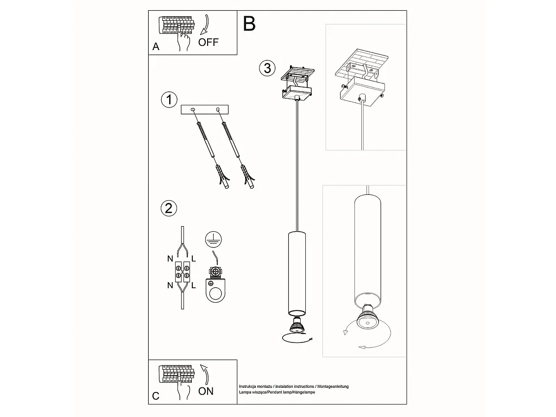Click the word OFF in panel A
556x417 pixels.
point(208,43)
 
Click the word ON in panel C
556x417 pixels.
point(206,391)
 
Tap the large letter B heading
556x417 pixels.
point(249,24)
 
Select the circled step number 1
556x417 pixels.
point(169,99)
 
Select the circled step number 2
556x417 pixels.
point(168,208)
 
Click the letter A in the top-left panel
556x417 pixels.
point(156,47)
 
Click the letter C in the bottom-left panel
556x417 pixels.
point(156,396)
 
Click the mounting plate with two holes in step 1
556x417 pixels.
point(205,110)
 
